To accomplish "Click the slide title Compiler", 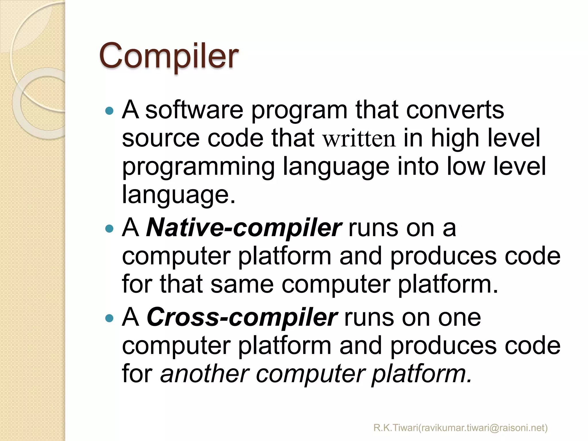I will point(169,56).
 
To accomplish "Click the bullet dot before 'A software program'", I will point(109,111).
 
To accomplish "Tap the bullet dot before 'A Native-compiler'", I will point(109,229).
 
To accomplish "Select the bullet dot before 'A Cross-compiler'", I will point(109,318).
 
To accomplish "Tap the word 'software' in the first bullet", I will point(194,110).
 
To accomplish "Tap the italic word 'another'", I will point(205,374).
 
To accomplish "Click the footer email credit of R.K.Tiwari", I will point(461,428).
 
